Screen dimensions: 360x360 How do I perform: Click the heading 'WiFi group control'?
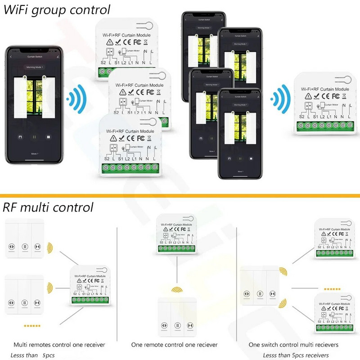click(x=57, y=9)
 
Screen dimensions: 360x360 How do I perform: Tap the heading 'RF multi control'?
click(x=48, y=207)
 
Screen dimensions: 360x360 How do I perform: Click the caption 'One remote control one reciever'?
click(x=174, y=345)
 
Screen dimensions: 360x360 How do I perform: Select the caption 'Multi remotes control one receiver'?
click(x=59, y=345)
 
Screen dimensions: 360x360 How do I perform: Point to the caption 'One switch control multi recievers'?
click(x=294, y=345)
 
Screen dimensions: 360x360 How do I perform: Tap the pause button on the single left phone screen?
click(x=34, y=136)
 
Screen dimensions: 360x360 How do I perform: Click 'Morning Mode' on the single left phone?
click(x=34, y=67)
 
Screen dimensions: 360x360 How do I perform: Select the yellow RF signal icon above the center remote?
click(x=177, y=289)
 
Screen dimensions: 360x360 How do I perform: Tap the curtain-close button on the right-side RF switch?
click(x=271, y=293)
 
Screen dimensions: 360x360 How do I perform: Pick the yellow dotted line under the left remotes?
click(x=32, y=325)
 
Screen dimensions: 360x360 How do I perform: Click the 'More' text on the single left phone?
click(x=34, y=153)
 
